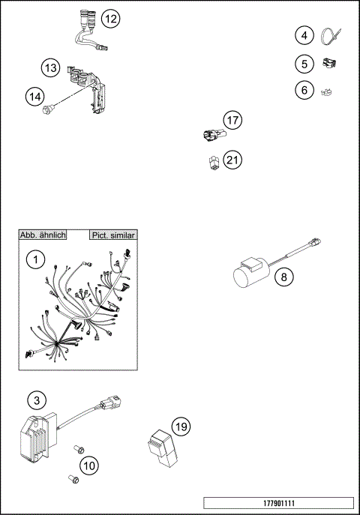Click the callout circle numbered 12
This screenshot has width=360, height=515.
[x=109, y=19]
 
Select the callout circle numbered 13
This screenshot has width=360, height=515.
[x=50, y=68]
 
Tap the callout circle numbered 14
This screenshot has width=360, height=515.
[x=34, y=95]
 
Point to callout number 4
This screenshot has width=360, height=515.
[x=303, y=35]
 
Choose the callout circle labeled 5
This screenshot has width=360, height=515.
[x=303, y=64]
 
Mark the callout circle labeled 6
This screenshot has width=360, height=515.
[x=303, y=91]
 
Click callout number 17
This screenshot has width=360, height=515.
[x=232, y=120]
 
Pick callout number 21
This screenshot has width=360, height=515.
[x=232, y=160]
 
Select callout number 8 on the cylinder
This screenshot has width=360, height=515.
[x=283, y=277]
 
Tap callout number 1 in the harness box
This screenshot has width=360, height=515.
[x=34, y=260]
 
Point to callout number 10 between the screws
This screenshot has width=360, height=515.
[x=88, y=466]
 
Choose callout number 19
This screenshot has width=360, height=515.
[x=180, y=427]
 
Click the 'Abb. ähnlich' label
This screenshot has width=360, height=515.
[x=43, y=235]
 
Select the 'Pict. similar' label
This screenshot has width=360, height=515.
[x=112, y=235]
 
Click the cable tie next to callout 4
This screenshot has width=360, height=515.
[x=331, y=35]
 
